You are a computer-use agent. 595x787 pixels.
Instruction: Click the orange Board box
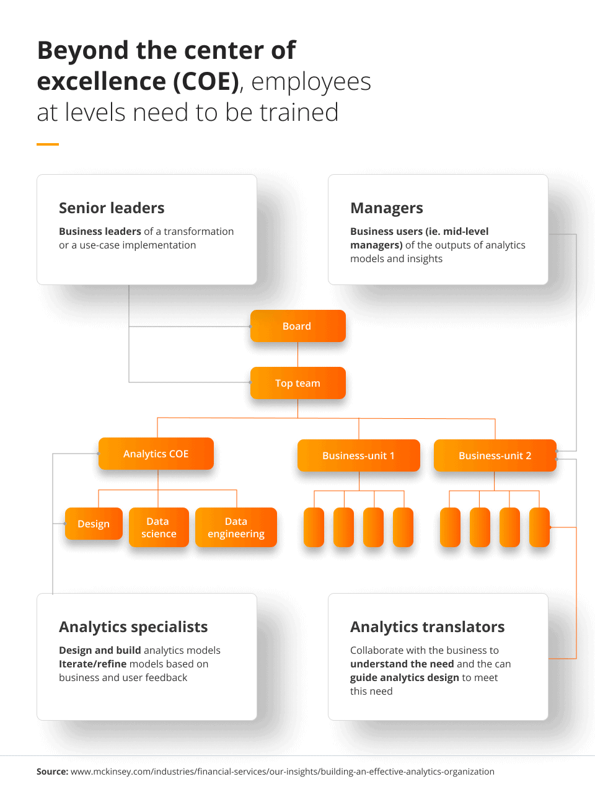click(x=298, y=326)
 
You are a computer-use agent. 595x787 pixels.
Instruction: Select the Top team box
click(x=298, y=383)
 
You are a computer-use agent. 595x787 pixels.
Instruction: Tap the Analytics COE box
click(x=156, y=454)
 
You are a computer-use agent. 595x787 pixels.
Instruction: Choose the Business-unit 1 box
click(x=358, y=455)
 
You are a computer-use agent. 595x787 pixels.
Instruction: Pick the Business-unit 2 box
click(x=495, y=455)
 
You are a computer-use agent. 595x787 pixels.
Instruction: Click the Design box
click(x=94, y=524)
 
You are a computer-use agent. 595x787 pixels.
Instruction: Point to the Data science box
click(x=159, y=527)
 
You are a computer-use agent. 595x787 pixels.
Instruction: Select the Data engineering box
click(x=236, y=527)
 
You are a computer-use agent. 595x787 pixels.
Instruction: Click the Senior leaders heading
click(x=112, y=208)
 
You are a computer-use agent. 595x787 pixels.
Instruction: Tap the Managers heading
click(x=386, y=208)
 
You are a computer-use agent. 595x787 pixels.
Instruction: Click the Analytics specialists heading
click(x=133, y=627)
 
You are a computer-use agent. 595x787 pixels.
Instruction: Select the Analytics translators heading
click(x=427, y=627)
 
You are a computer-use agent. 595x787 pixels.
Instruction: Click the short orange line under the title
click(x=48, y=144)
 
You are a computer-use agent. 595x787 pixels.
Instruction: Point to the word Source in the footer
click(x=52, y=772)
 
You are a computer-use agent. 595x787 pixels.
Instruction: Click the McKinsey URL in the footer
click(x=283, y=772)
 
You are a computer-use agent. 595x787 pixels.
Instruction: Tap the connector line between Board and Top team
click(x=298, y=354)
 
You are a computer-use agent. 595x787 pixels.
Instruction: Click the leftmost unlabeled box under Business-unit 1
click(x=314, y=527)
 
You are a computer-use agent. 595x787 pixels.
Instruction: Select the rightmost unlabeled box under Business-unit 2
click(x=539, y=527)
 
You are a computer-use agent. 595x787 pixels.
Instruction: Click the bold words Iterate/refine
click(x=93, y=664)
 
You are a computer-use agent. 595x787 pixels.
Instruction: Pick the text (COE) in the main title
click(x=206, y=82)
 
